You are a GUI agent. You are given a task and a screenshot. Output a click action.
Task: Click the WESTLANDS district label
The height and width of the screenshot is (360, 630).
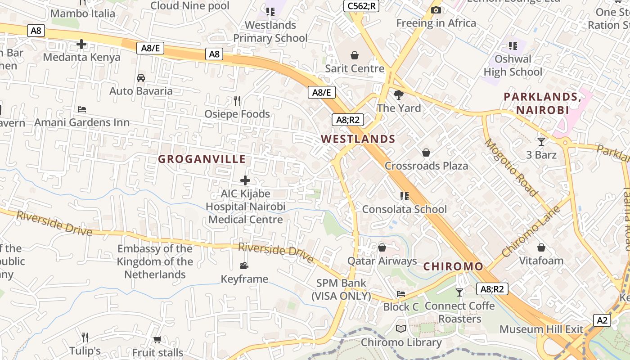point(358,139)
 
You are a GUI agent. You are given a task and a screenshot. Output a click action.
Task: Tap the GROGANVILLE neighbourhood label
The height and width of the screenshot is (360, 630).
point(202,159)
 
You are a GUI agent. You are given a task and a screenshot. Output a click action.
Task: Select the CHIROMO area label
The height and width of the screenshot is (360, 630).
point(453,266)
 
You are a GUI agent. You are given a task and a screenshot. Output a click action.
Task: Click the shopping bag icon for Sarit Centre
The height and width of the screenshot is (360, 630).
point(355,55)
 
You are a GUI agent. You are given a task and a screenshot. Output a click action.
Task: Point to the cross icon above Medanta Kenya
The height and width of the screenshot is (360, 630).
point(81,44)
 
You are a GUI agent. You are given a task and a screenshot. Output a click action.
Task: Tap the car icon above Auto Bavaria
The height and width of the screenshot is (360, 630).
point(141,77)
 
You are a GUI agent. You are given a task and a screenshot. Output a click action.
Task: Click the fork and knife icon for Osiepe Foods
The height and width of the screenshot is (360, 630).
point(237,100)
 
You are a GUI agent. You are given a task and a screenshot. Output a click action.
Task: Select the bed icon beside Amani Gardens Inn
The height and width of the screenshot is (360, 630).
point(82,109)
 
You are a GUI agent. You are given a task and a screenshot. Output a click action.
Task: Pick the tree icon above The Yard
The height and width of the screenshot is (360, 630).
point(398,95)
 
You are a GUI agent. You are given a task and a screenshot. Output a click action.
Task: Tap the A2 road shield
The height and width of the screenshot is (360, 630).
point(602,320)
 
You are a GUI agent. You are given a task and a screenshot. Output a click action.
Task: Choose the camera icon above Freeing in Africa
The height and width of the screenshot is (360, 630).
point(436,10)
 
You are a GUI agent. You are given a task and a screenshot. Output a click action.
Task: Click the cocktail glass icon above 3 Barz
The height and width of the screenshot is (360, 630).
point(541,142)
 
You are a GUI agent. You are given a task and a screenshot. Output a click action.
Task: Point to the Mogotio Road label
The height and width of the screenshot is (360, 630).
point(511,167)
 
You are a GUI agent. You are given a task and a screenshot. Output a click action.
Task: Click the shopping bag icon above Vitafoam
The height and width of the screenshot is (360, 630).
point(541,247)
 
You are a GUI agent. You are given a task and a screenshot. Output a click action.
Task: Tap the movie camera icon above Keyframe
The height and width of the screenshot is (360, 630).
point(244,265)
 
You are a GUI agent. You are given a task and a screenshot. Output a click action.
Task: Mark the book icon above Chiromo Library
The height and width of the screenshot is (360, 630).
point(401,328)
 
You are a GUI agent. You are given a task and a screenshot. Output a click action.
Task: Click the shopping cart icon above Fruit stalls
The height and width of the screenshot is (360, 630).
point(157,339)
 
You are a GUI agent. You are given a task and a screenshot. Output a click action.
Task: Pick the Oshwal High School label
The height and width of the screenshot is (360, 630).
point(513,65)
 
